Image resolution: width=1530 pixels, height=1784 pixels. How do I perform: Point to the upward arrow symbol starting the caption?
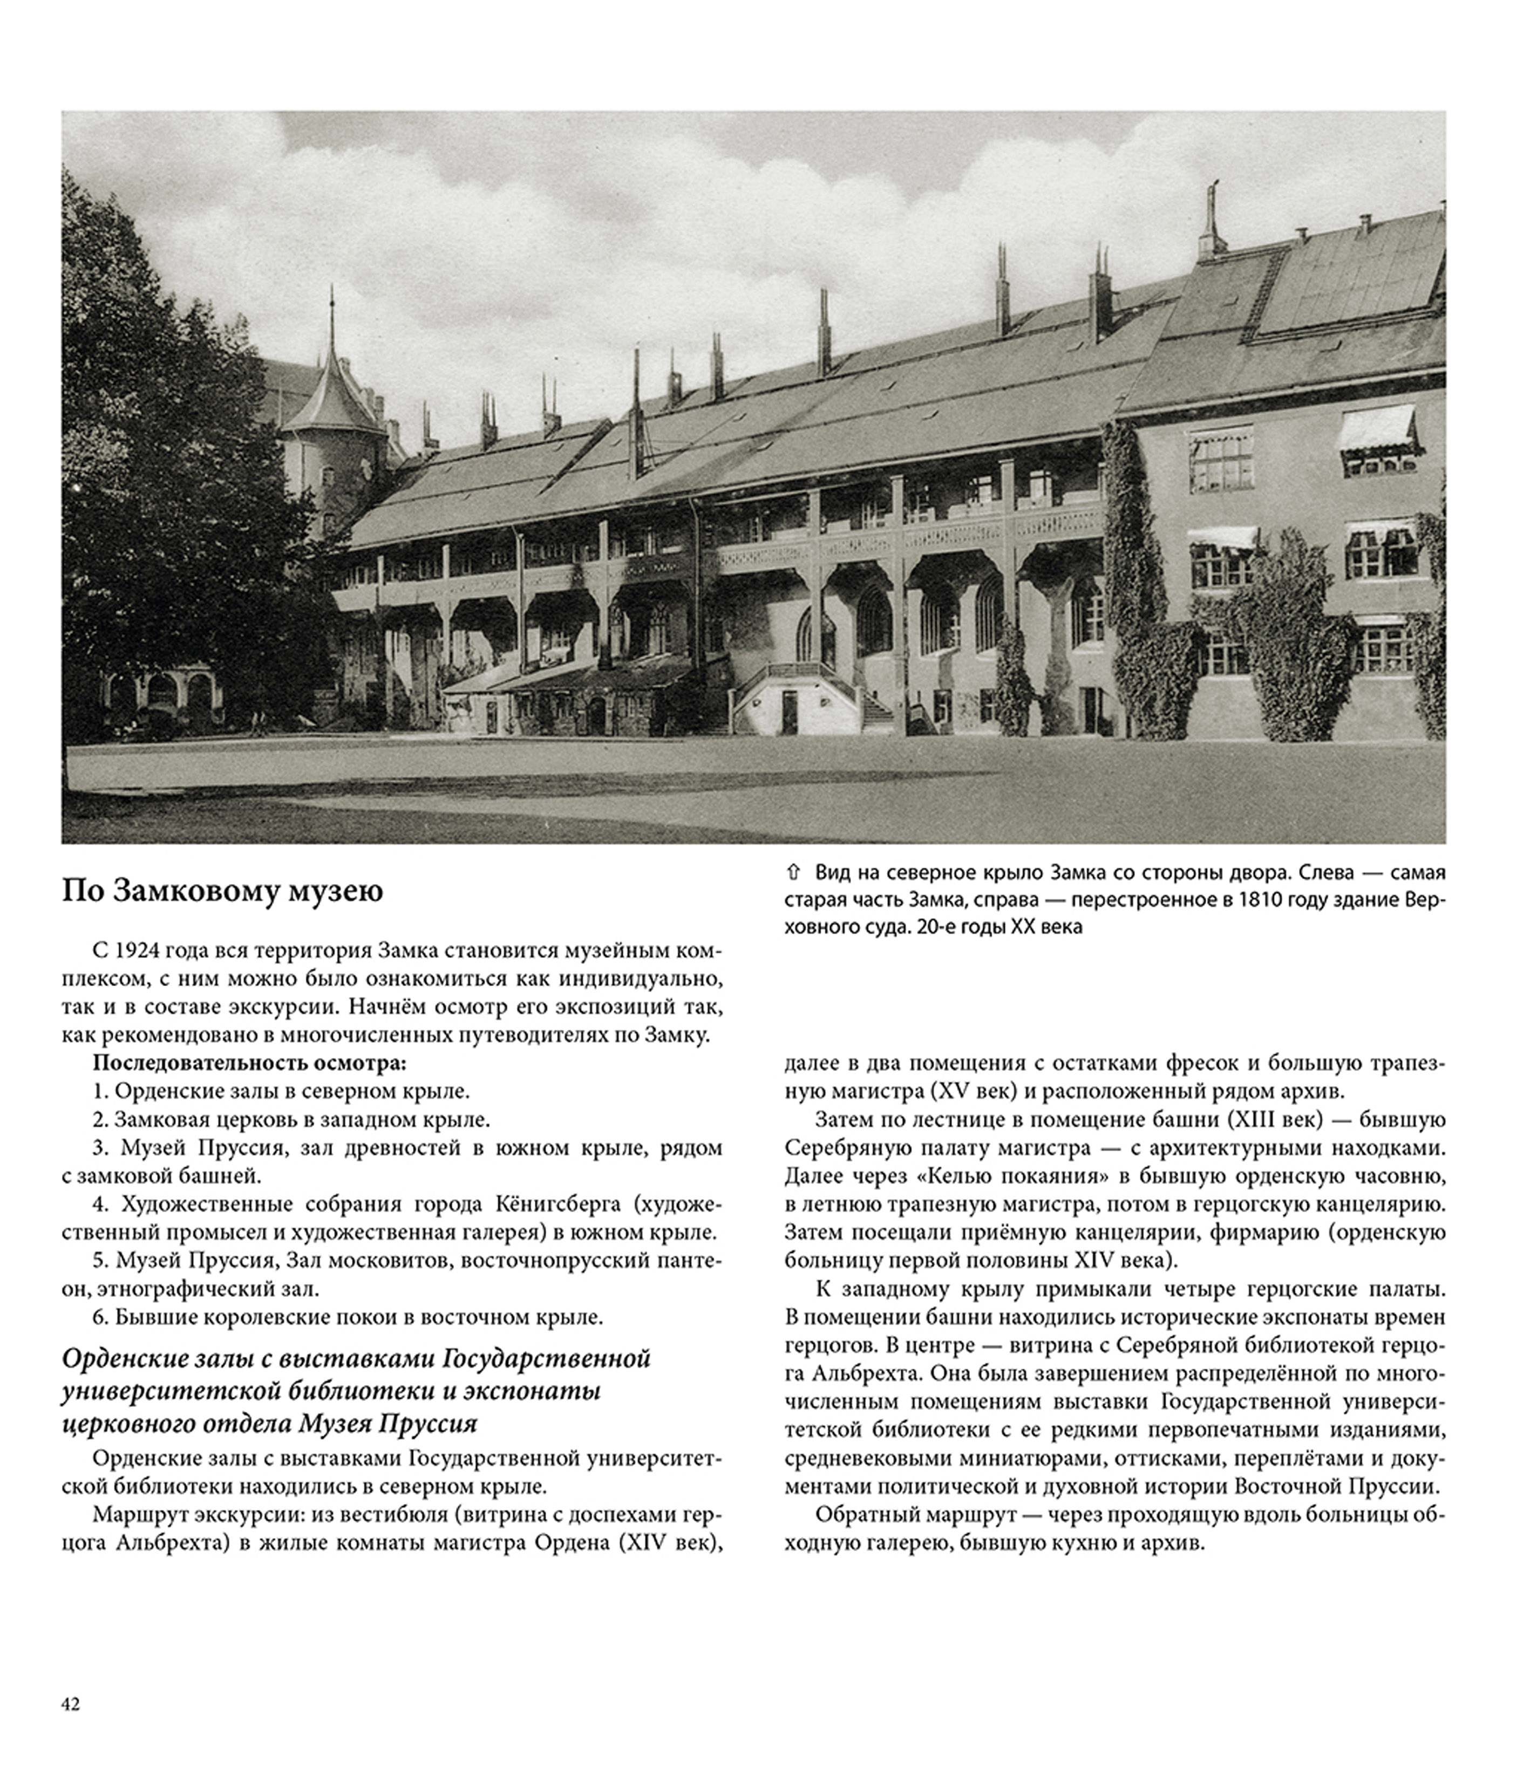pyautogui.click(x=793, y=873)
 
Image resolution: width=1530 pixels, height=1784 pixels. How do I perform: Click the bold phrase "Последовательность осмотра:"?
pyautogui.click(x=249, y=1063)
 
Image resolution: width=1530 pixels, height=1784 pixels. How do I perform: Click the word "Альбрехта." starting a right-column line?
pyautogui.click(x=832, y=1371)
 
